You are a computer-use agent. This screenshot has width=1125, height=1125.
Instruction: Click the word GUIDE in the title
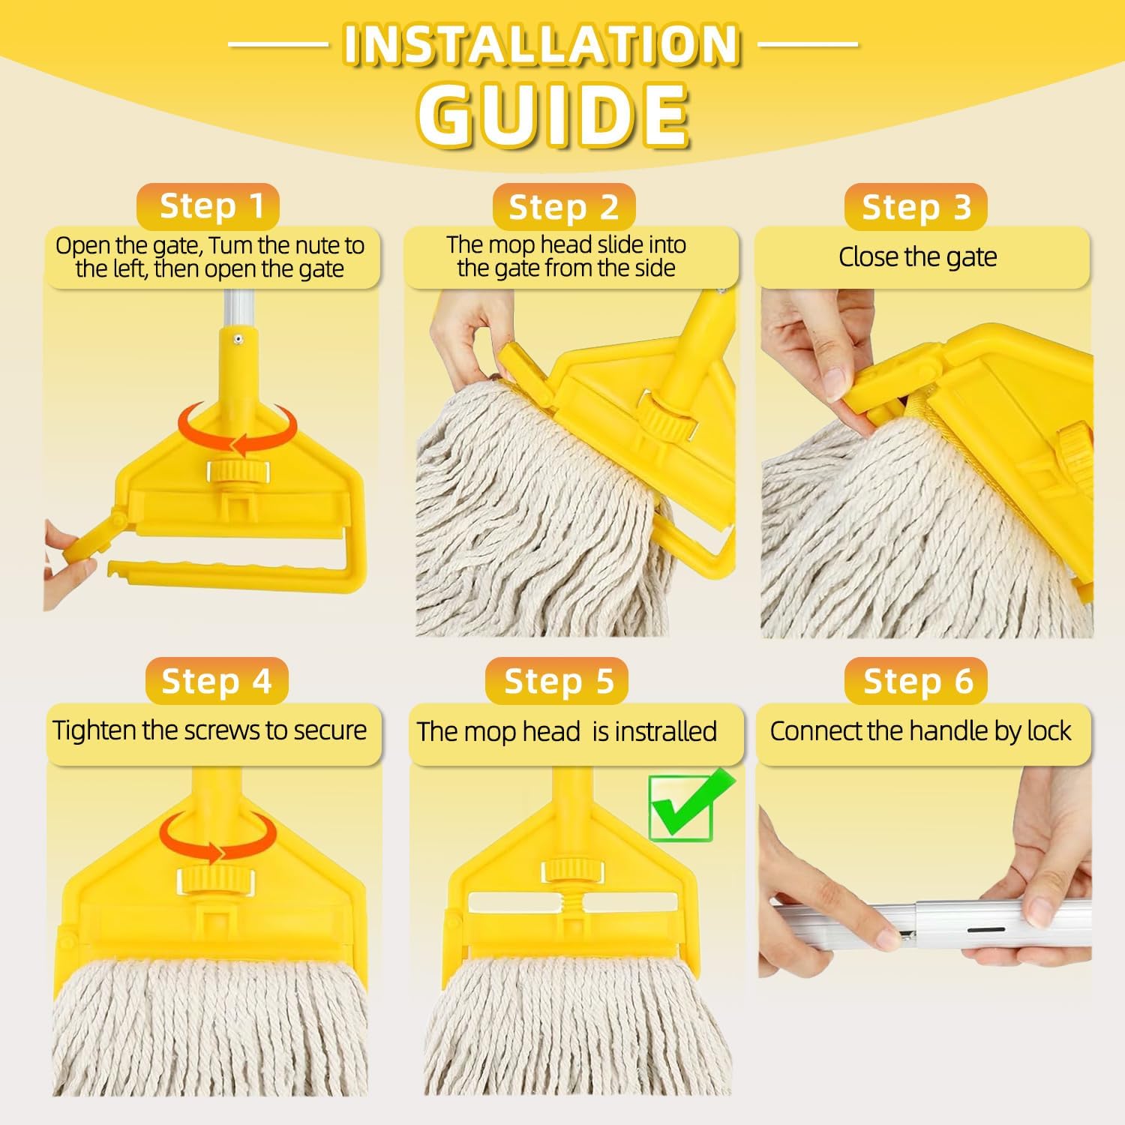tap(553, 115)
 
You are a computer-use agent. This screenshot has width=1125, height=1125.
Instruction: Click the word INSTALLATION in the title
tap(542, 45)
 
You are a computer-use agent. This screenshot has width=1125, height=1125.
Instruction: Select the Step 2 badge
tap(563, 208)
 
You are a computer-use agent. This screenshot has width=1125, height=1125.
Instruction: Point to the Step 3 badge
tap(916, 208)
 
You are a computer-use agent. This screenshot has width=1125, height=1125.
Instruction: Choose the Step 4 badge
tap(216, 681)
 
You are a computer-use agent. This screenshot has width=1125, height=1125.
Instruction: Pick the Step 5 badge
tap(558, 681)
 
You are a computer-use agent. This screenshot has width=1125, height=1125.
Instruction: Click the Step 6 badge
tap(916, 681)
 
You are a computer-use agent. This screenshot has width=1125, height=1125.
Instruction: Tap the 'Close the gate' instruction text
tap(918, 257)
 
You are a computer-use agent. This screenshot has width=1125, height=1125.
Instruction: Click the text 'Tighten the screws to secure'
tap(210, 730)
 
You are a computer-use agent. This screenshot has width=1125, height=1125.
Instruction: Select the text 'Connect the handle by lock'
tap(920, 731)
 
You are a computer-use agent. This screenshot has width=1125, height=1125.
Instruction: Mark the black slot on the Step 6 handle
tap(985, 930)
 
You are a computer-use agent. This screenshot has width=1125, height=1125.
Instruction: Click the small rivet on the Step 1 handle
tap(237, 340)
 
